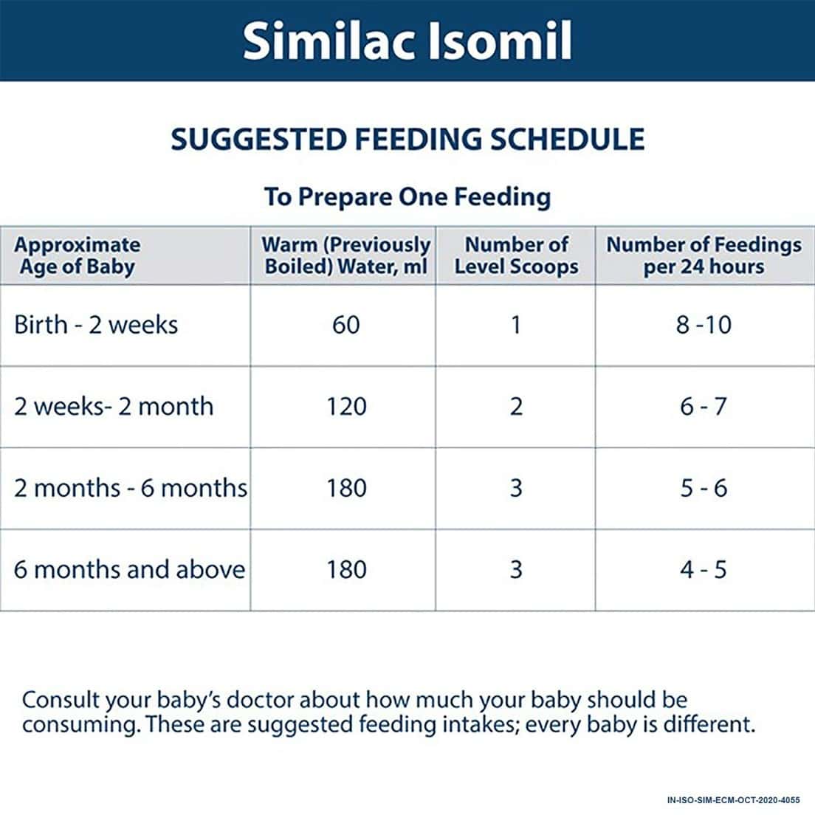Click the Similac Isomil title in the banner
click(407, 40)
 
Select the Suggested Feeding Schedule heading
click(407, 139)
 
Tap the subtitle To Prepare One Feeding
click(407, 197)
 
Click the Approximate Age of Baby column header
click(77, 255)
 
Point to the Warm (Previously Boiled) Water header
click(345, 255)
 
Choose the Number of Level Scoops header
click(516, 255)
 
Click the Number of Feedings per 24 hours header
click(704, 255)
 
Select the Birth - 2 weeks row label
click(96, 325)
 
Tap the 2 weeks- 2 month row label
click(114, 406)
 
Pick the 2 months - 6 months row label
click(131, 488)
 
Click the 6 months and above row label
click(130, 569)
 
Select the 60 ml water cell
click(345, 325)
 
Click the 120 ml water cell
click(345, 406)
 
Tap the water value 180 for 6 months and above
click(345, 569)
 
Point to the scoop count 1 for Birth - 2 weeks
click(516, 325)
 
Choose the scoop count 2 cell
click(516, 406)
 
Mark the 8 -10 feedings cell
click(704, 325)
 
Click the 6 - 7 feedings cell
click(704, 406)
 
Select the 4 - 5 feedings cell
click(704, 569)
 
